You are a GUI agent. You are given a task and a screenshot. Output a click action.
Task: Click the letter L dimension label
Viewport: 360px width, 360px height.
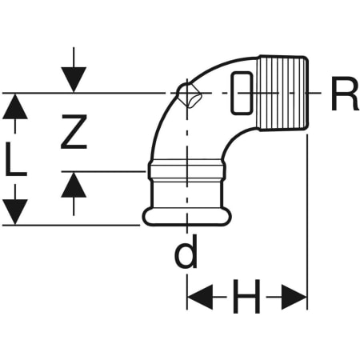click(x=18, y=161)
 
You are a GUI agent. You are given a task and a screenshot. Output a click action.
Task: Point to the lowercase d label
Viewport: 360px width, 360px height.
click(x=186, y=254)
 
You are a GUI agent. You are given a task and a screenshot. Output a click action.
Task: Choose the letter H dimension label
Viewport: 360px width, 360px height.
click(x=246, y=299)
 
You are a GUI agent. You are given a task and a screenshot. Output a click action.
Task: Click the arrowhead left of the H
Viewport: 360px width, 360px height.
click(x=199, y=299)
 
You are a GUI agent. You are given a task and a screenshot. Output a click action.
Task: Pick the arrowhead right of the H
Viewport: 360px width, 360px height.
click(x=294, y=299)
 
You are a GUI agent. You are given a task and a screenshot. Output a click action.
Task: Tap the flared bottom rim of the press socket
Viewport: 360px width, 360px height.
click(x=186, y=216)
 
